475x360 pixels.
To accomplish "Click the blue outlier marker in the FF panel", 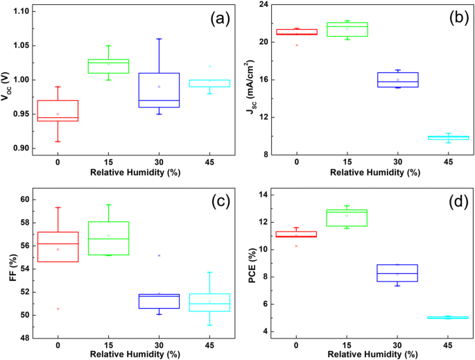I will tap(159, 255).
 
